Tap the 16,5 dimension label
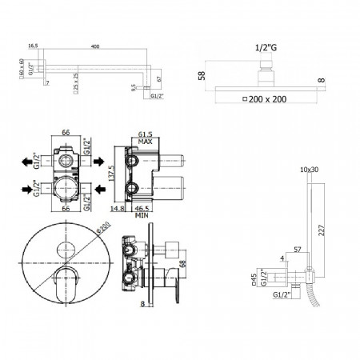point(33,46)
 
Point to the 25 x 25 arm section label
point(70,82)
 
